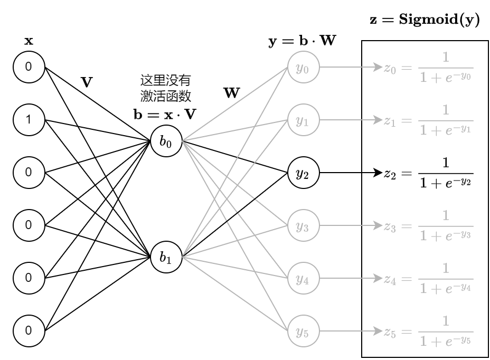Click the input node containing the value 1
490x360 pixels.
(x=29, y=120)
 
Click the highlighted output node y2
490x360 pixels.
(x=303, y=173)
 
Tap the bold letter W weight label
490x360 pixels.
(x=231, y=94)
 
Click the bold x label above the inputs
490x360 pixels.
(x=29, y=41)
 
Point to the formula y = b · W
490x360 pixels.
(x=302, y=41)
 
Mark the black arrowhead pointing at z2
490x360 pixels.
(x=377, y=173)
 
